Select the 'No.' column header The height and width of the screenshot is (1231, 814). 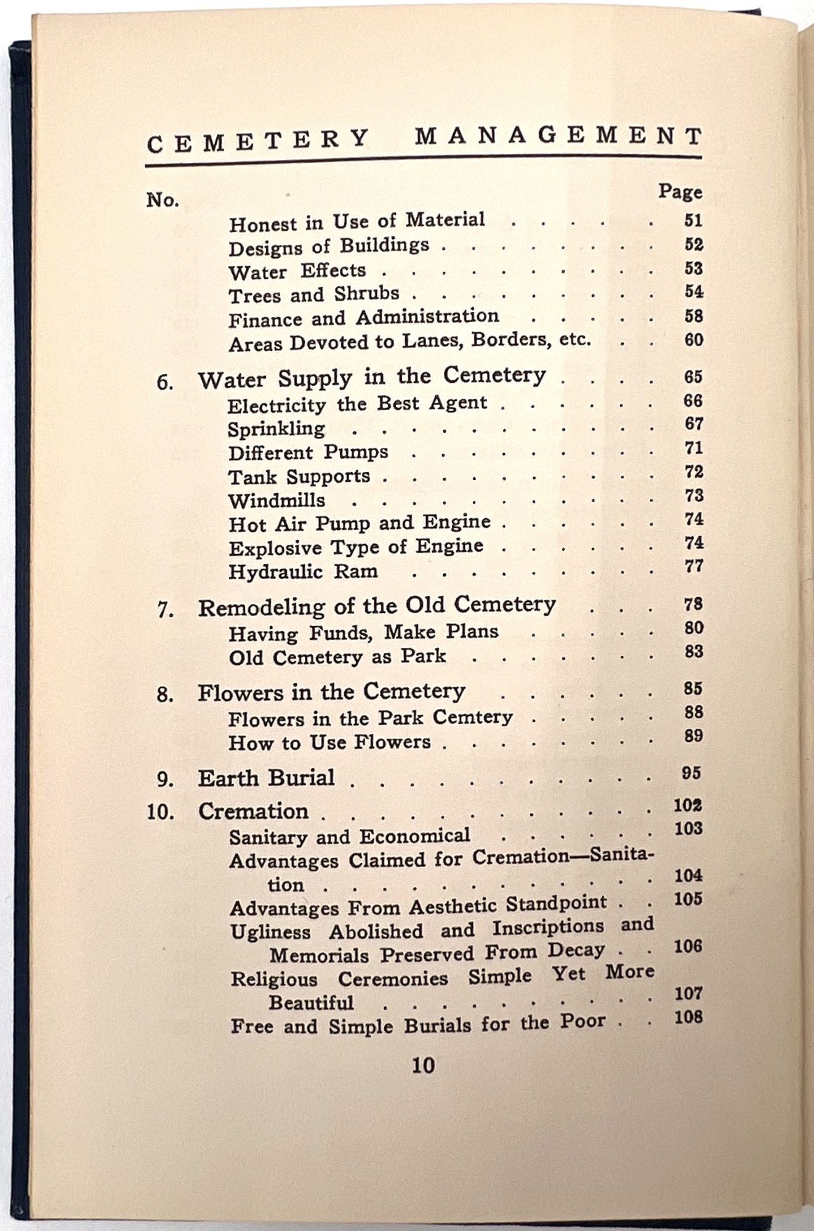(x=163, y=200)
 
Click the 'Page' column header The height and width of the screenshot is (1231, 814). (x=680, y=191)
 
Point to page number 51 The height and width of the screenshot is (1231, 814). (x=693, y=220)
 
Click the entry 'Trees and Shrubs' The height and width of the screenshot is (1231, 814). (x=314, y=295)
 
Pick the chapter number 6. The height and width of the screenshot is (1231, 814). (x=164, y=382)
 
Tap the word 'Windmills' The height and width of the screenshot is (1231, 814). (x=276, y=500)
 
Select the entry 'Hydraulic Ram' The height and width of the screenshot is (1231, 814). (x=303, y=572)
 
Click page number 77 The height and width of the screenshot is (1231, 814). (x=694, y=566)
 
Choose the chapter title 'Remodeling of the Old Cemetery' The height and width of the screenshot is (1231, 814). (x=376, y=606)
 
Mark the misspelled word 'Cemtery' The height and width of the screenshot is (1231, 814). (x=472, y=717)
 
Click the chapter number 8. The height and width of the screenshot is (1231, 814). (x=164, y=696)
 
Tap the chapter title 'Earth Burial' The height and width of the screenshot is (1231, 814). (x=266, y=778)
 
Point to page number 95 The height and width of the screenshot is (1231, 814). (x=691, y=773)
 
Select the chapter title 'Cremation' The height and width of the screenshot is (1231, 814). (x=253, y=811)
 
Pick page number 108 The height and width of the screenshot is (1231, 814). (x=688, y=1017)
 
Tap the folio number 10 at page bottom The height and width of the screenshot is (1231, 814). (x=423, y=1065)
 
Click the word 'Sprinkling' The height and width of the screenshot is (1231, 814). (x=276, y=429)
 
